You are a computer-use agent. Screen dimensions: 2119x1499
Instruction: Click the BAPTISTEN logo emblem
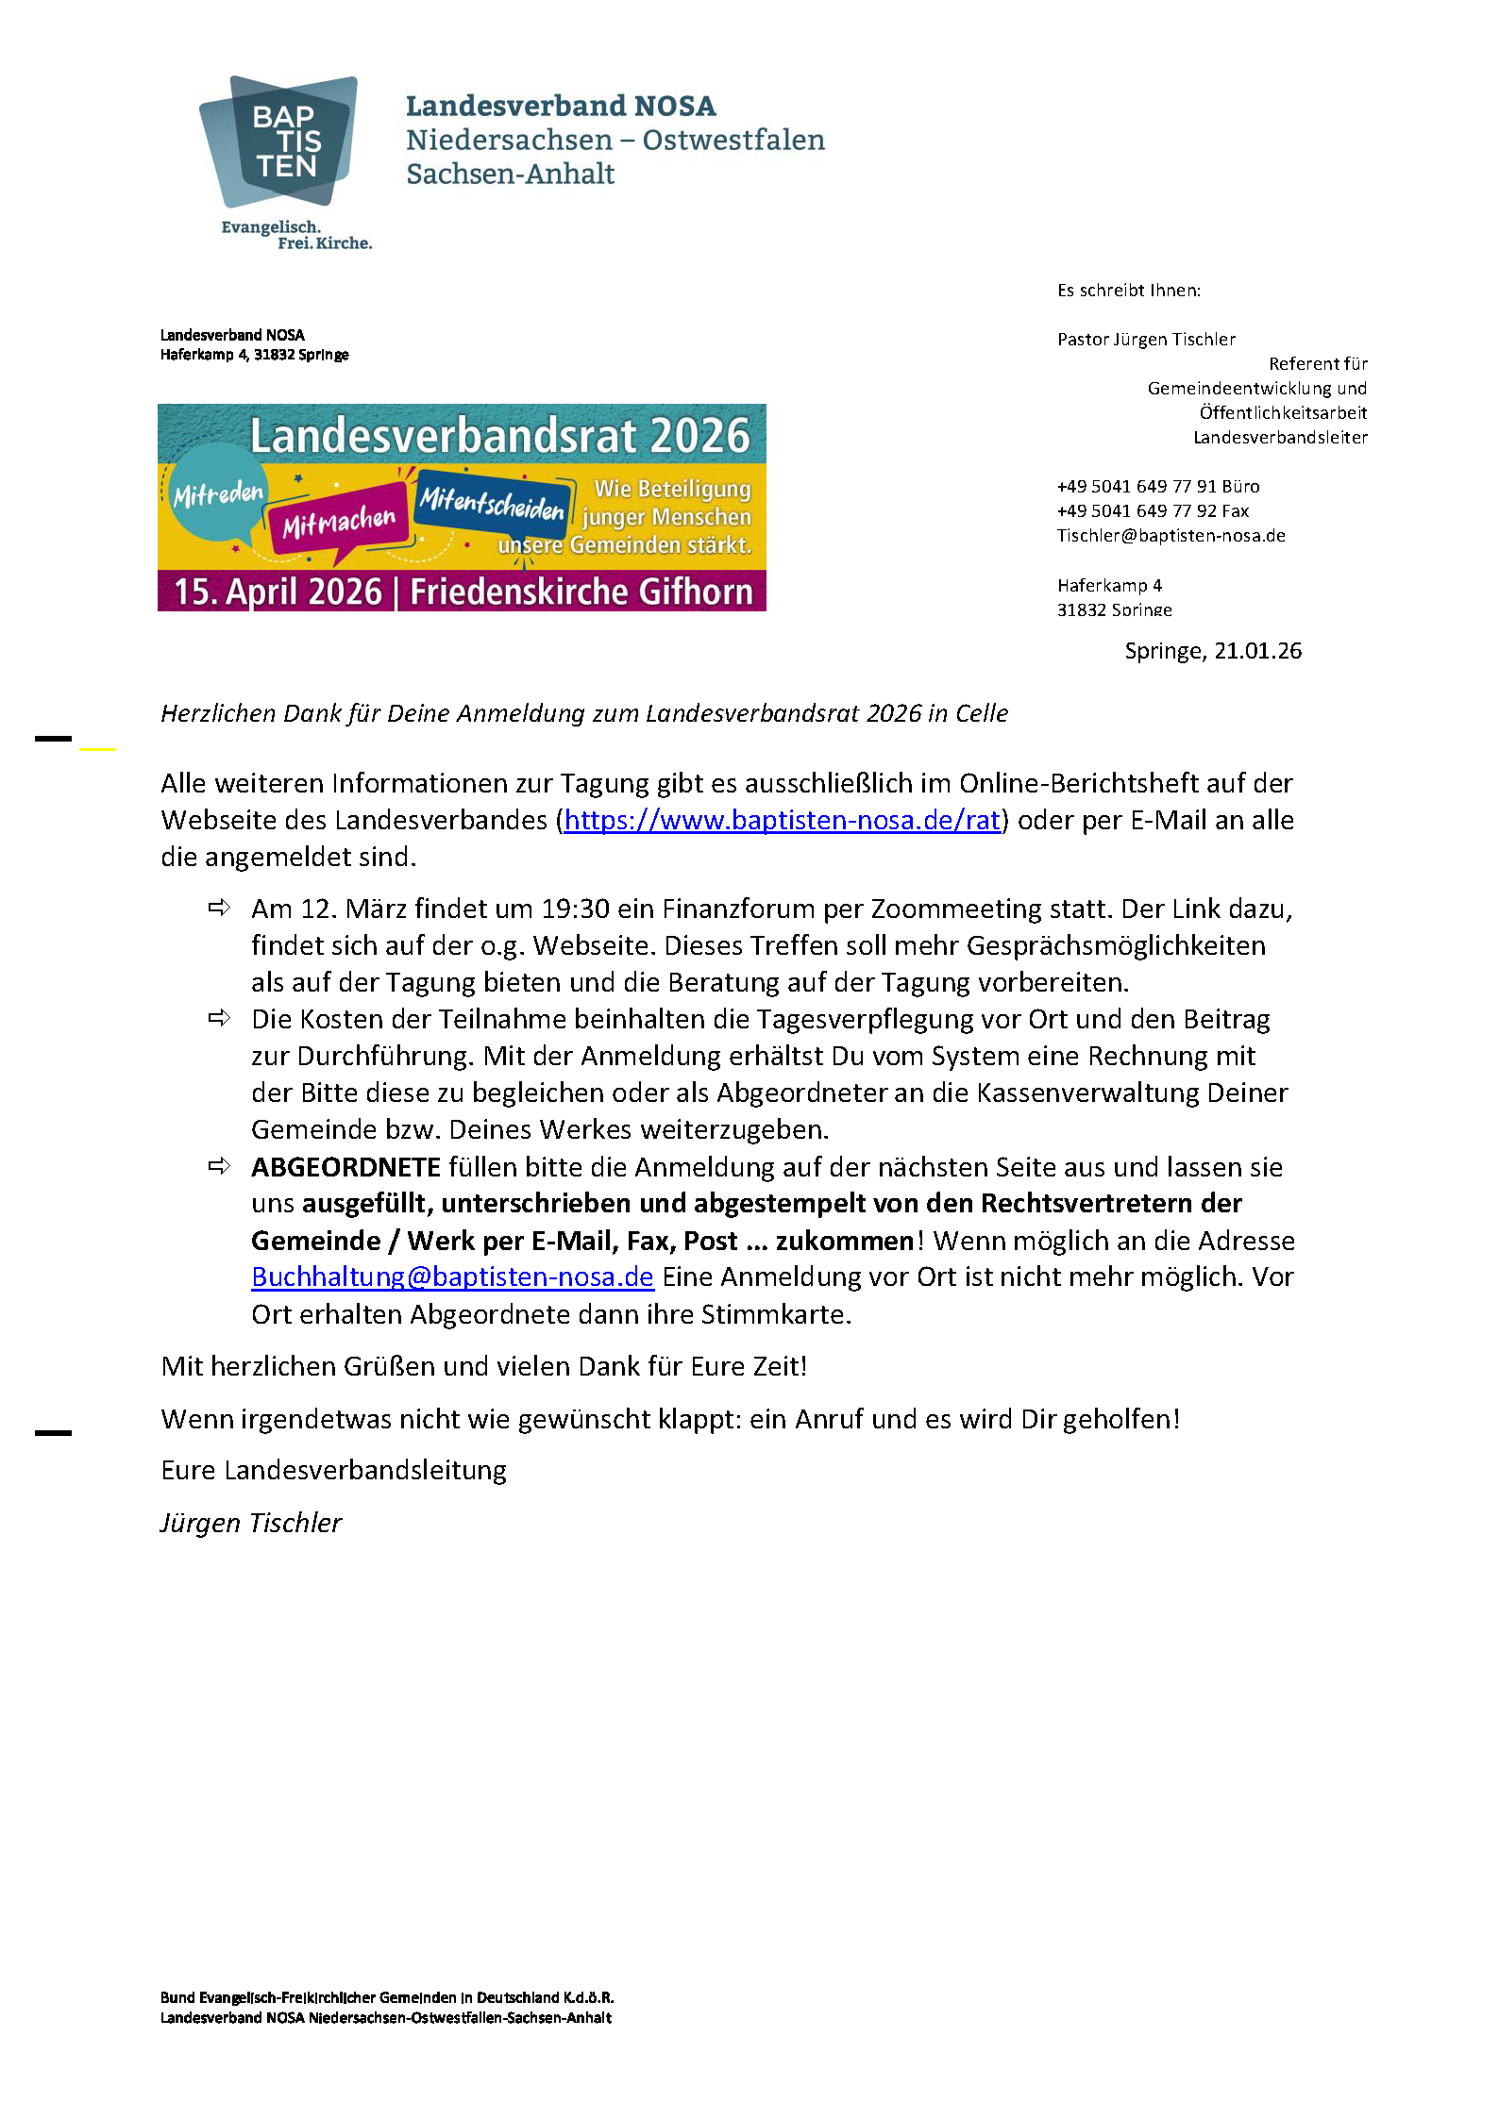click(x=279, y=142)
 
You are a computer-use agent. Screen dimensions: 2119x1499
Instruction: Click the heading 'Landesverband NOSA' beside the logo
click(x=561, y=106)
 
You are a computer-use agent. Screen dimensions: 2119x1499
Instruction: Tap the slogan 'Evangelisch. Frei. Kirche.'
click(x=296, y=235)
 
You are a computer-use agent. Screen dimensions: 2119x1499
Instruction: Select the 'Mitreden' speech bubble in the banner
click(x=218, y=493)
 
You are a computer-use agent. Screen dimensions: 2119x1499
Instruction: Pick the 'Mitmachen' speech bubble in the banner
click(x=339, y=522)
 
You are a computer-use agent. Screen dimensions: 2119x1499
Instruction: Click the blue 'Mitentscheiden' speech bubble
click(x=492, y=503)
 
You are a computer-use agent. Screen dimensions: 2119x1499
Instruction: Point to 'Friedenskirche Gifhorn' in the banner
click(x=581, y=592)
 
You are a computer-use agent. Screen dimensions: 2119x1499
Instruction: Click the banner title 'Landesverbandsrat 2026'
click(x=499, y=436)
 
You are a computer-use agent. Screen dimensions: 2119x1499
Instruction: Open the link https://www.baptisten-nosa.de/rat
click(x=782, y=820)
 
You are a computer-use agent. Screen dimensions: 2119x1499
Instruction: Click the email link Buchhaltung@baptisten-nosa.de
click(x=452, y=1276)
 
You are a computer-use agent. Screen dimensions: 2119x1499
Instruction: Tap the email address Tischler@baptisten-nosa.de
click(x=1171, y=536)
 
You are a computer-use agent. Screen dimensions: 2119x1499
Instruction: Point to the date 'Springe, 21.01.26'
click(x=1213, y=651)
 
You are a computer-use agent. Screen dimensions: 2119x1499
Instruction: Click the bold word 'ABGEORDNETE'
click(x=345, y=1167)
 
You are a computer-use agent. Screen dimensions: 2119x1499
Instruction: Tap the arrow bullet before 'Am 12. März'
click(x=219, y=909)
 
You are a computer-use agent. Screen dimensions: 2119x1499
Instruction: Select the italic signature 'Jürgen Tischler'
click(x=251, y=1523)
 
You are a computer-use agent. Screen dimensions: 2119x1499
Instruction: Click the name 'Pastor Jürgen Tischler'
click(x=1146, y=340)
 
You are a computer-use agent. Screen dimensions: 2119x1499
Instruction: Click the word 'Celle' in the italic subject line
click(x=982, y=713)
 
